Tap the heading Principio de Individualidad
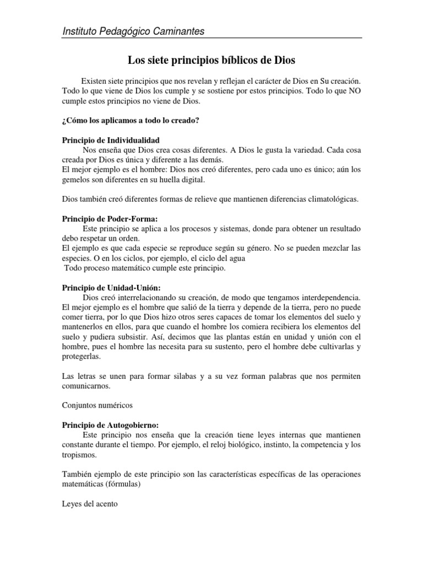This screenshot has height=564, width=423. pyautogui.click(x=111, y=140)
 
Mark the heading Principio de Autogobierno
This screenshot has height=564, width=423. pyautogui.click(x=110, y=425)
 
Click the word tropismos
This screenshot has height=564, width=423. pyautogui.click(x=80, y=456)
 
